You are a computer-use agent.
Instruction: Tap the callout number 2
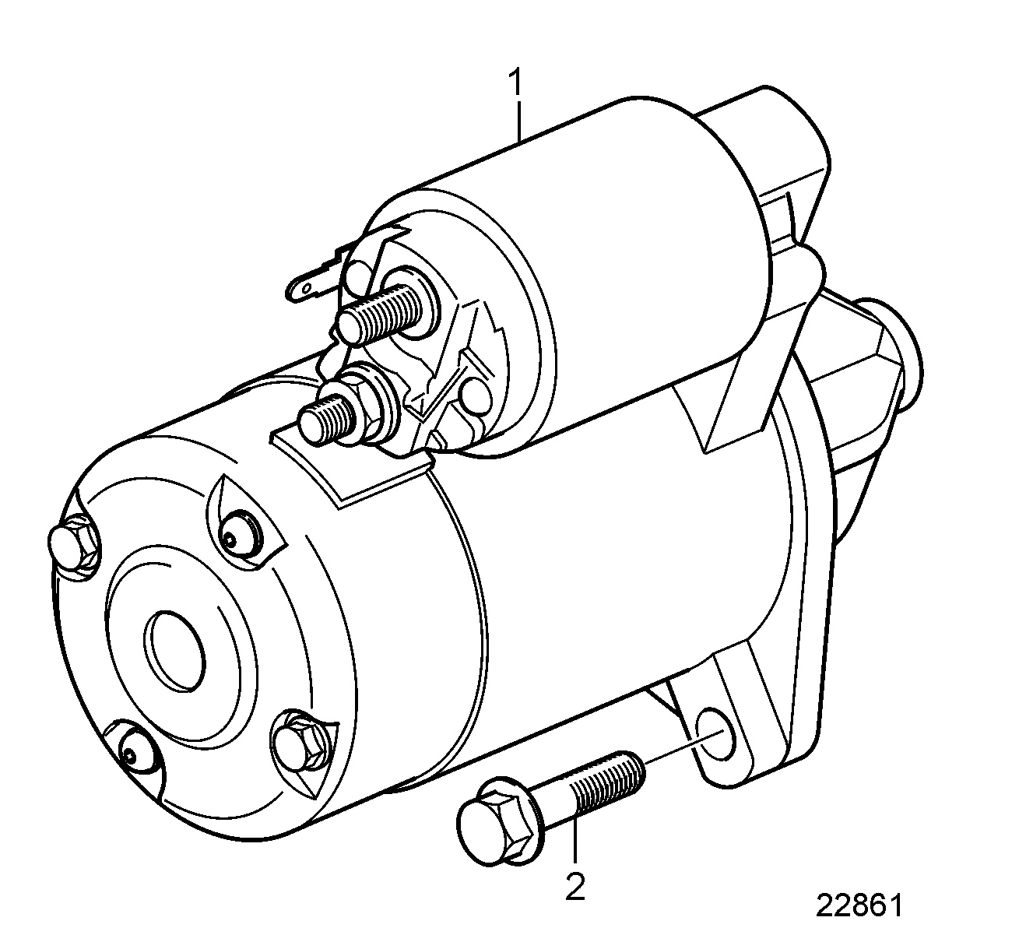[x=574, y=887]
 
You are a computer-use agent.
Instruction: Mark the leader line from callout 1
[x=518, y=121]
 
